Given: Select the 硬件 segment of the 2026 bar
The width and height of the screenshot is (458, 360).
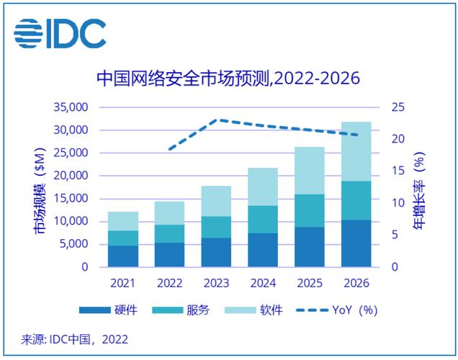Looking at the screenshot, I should point(356,243).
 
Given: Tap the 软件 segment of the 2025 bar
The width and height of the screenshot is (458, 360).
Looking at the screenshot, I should point(309,171).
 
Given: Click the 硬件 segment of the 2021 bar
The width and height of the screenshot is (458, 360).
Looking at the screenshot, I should point(123,256).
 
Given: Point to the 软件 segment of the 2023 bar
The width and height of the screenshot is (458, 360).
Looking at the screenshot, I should point(215,201).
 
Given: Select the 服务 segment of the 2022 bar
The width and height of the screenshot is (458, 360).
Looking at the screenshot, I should point(169,234).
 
